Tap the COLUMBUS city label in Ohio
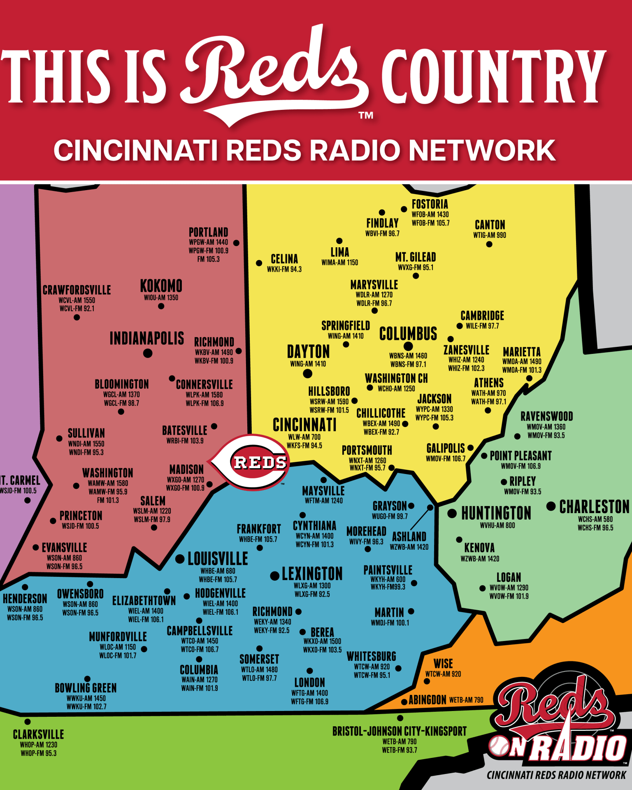408,334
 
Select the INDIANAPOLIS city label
146,338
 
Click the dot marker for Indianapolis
148,353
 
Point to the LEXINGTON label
312,574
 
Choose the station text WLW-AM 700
304,437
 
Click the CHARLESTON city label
594,507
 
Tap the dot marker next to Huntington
452,513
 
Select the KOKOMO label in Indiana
161,286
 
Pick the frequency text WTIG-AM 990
490,235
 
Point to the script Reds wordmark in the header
276,74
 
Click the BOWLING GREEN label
86,688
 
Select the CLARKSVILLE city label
38,734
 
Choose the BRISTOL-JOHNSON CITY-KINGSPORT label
399,731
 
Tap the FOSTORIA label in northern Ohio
430,204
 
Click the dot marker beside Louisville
180,559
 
